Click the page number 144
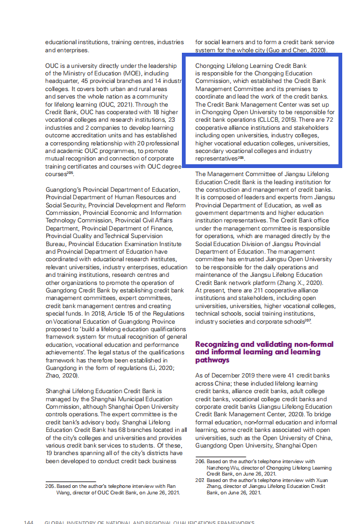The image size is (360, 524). point(29,522)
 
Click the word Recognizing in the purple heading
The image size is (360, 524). point(217,344)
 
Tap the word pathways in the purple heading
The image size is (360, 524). point(212,360)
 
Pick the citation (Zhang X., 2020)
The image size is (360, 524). point(299,283)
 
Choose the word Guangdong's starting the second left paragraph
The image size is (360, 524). point(63,190)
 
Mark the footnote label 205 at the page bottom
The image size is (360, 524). point(50,486)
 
